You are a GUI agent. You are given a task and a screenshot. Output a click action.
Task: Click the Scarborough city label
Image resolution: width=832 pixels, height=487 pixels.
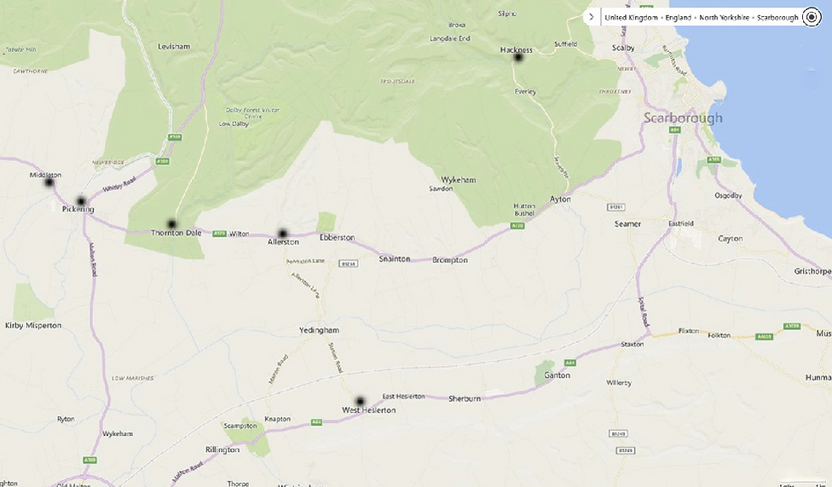tap(683, 118)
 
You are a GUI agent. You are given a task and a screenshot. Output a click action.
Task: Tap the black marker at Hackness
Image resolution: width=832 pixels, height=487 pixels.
tap(517, 57)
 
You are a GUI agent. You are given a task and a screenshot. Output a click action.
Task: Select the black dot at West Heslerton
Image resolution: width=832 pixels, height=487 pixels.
tap(360, 401)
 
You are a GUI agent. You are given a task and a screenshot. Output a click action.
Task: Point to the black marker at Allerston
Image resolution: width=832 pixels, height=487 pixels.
tap(282, 234)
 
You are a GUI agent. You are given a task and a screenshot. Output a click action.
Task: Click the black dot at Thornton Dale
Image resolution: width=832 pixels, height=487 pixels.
tap(172, 224)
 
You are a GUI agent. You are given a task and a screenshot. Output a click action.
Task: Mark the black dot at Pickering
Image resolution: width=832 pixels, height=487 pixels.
tap(81, 202)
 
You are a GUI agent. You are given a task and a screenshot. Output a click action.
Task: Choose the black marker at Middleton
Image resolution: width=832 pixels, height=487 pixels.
tap(49, 183)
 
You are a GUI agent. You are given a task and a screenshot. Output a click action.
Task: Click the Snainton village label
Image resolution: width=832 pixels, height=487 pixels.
tap(395, 259)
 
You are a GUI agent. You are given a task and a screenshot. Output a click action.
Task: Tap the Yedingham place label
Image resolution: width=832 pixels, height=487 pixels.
tap(320, 330)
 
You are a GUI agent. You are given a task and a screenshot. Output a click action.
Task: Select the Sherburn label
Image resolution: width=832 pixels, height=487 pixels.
tap(465, 398)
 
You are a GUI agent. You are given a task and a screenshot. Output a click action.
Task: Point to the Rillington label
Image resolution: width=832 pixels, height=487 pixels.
tap(222, 449)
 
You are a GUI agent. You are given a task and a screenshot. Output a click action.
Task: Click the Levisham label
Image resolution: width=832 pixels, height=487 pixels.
tap(173, 46)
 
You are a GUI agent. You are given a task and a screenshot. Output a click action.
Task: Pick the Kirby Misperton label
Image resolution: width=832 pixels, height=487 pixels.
tap(33, 325)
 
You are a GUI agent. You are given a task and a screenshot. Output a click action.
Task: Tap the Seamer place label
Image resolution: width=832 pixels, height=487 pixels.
tap(627, 223)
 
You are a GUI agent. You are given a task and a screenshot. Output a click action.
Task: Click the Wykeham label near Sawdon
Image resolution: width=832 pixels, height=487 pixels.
tap(458, 180)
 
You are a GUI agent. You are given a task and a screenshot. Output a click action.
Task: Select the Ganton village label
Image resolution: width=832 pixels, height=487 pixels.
tap(557, 375)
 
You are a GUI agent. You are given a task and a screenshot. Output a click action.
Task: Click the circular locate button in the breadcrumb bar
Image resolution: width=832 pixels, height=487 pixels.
tap(810, 17)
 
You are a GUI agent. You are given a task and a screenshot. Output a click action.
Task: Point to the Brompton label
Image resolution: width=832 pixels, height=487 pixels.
tap(450, 260)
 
